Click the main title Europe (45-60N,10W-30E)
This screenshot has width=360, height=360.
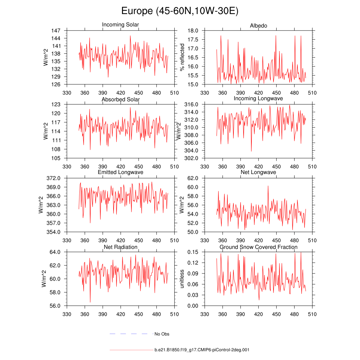180,11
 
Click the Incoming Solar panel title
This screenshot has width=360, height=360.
120,25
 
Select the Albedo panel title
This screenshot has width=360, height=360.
258,26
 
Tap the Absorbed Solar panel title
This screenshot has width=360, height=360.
121,99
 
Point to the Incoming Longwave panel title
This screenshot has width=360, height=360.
258,98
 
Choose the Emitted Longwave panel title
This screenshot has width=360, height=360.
121,172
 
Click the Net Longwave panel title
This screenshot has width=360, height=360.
258,172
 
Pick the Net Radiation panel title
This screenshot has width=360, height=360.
121,247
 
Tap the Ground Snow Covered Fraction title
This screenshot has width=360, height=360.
258,247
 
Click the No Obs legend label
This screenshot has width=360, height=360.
162,334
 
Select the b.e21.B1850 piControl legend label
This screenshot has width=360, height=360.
202,350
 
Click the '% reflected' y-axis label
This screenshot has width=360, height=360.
182,57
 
